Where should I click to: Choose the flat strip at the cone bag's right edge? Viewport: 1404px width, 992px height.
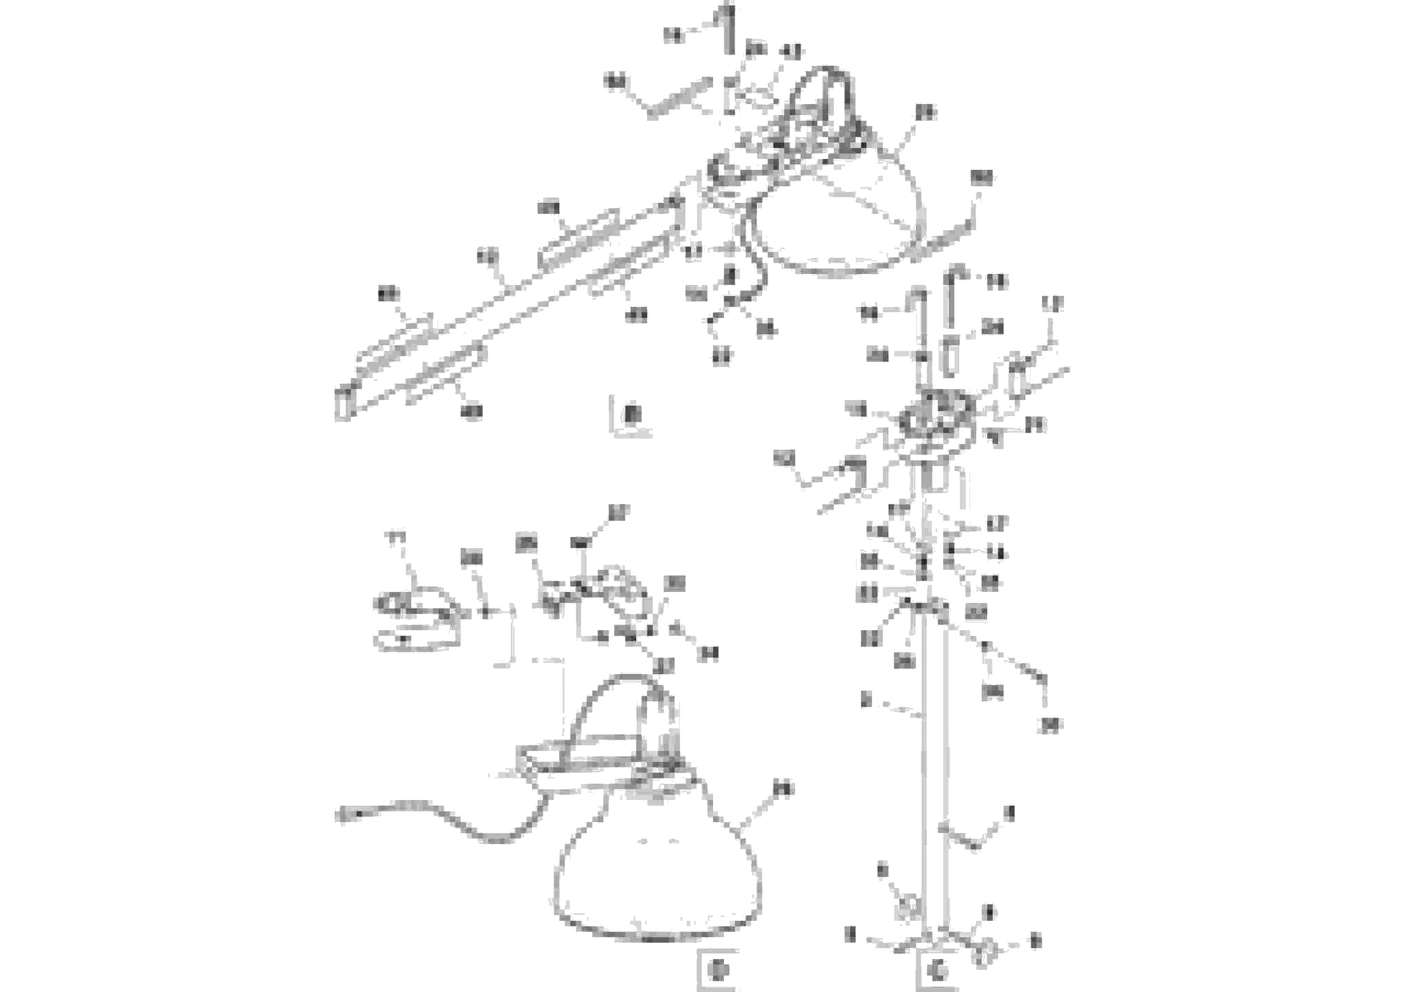pos(945,241)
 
